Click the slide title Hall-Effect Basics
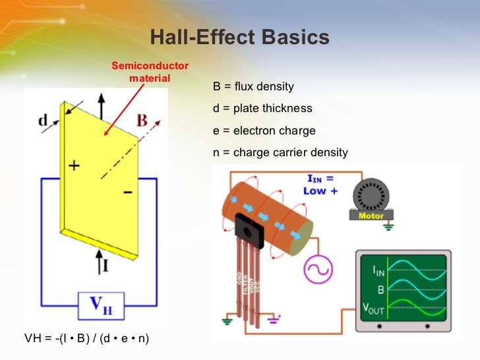click(240, 38)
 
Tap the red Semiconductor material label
click(150, 72)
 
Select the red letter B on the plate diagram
click(142, 121)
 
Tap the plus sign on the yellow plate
click(74, 166)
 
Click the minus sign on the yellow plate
click(127, 193)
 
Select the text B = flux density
click(253, 87)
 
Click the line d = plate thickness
click(262, 109)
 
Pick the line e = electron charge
click(264, 131)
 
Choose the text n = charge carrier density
click(280, 152)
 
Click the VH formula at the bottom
click(86, 339)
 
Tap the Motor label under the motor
click(371, 216)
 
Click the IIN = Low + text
click(320, 184)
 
